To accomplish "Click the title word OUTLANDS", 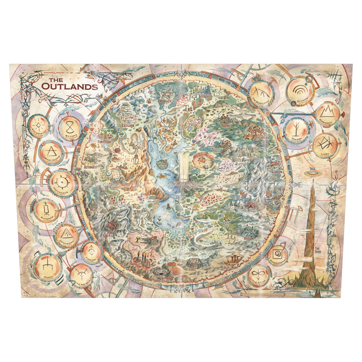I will click(x=69, y=86).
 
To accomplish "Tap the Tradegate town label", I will click(x=165, y=101).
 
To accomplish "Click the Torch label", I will click(x=133, y=264).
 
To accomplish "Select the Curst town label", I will click(x=192, y=269).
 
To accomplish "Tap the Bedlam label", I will click(x=248, y=239).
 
